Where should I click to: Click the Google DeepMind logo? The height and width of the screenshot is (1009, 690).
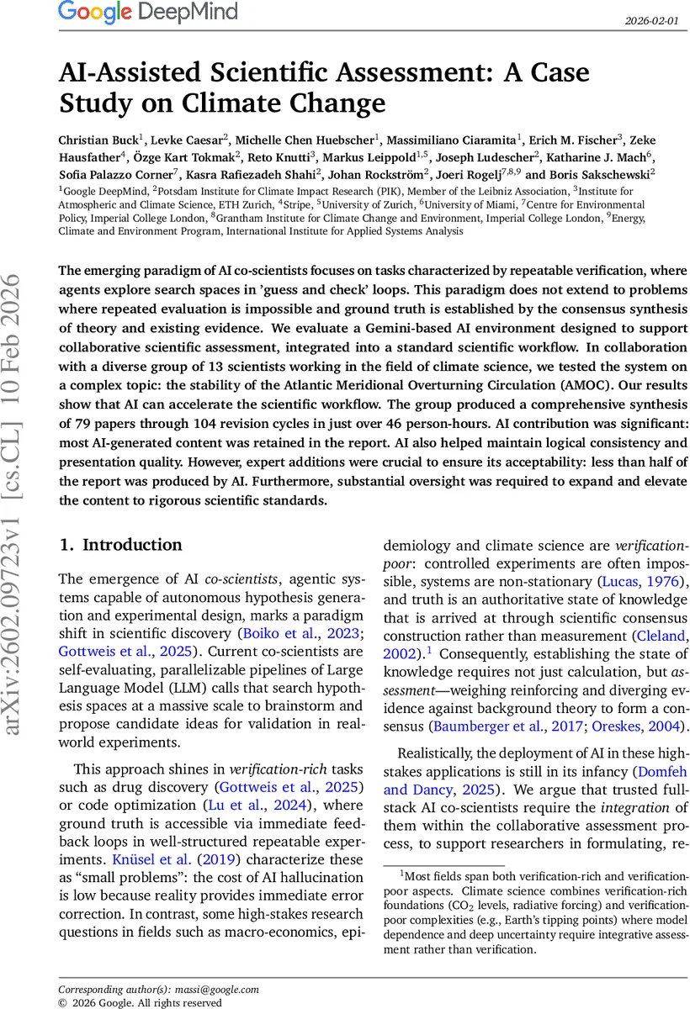pyautogui.click(x=148, y=13)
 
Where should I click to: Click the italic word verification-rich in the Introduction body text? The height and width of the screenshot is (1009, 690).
pyautogui.click(x=269, y=769)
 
